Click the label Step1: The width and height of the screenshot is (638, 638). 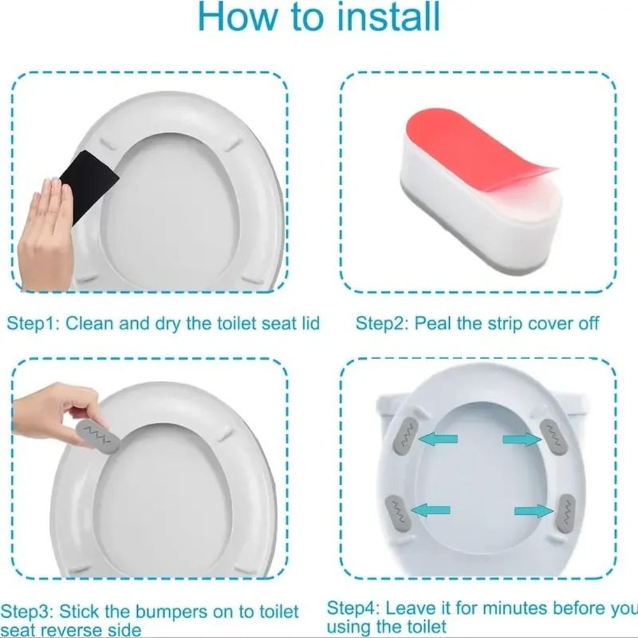click(33, 323)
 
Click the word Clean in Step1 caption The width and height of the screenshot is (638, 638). click(90, 323)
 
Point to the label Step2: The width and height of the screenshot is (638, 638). click(382, 323)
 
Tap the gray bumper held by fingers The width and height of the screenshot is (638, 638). click(98, 436)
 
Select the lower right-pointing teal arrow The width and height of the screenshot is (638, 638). click(533, 511)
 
